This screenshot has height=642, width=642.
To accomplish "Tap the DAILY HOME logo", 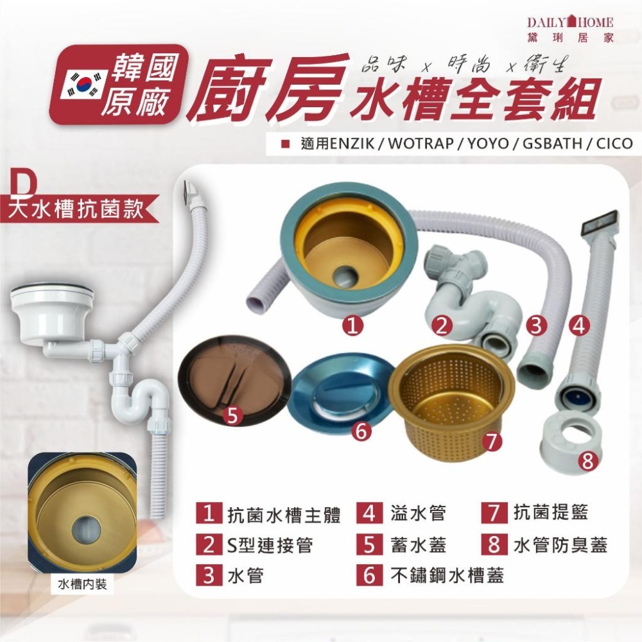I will [570, 28].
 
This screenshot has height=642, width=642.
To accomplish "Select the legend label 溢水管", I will [418, 514].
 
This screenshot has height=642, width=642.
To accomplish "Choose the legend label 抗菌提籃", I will [551, 513].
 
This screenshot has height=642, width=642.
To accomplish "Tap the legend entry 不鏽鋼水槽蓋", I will [447, 575].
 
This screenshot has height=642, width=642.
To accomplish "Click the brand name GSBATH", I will [548, 142].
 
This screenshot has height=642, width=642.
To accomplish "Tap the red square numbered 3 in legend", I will [209, 575].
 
